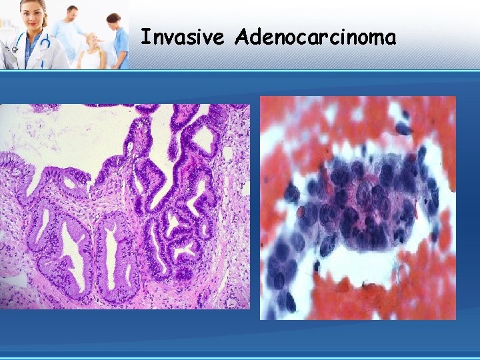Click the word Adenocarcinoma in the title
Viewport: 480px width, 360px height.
pyautogui.click(x=315, y=37)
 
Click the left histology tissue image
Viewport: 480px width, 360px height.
pyautogui.click(x=125, y=206)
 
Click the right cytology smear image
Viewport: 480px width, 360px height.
pyautogui.click(x=358, y=207)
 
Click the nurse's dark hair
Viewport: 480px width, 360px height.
pyautogui.click(x=113, y=18)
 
